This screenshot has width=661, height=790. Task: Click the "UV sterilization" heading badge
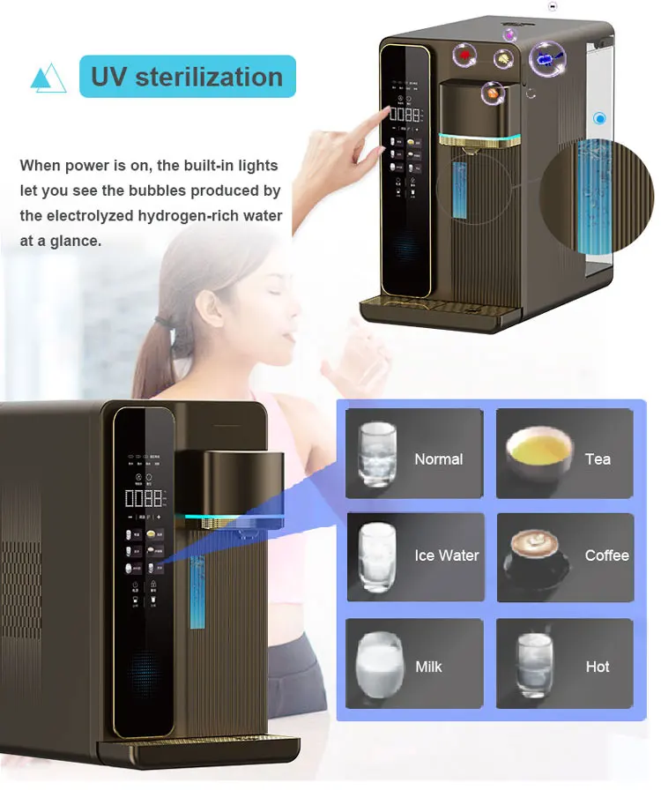tap(186, 77)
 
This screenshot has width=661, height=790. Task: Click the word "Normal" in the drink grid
tap(438, 459)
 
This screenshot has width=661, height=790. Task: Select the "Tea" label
tap(598, 459)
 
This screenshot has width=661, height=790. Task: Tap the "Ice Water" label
tap(446, 555)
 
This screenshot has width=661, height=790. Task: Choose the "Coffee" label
tap(606, 555)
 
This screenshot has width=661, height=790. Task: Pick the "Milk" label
tap(428, 667)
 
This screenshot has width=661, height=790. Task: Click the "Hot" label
tap(598, 667)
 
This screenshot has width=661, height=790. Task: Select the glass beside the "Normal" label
tap(377, 454)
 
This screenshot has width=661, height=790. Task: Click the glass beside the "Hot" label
tap(534, 664)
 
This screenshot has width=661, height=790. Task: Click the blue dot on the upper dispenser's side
tap(600, 118)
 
